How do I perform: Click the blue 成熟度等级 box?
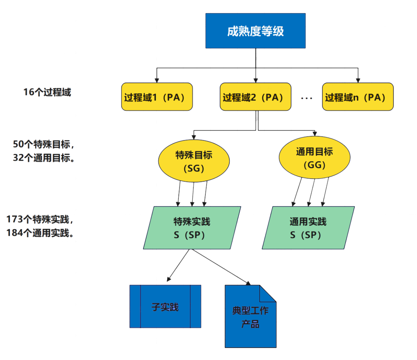255,31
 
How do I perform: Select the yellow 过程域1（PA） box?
157,97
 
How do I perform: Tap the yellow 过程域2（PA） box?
255,97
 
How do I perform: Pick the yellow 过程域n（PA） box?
358,97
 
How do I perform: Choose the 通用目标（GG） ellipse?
314,158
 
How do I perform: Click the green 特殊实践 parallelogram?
192,228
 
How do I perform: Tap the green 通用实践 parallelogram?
308,228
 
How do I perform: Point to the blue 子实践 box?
165,307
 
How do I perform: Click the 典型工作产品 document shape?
250,316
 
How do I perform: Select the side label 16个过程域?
47,93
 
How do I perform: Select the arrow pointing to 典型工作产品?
220,266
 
